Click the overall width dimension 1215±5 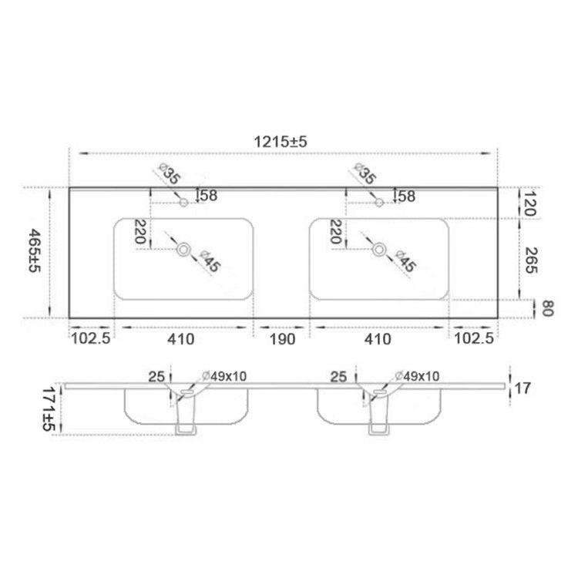(281, 142)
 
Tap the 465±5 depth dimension (34, 250)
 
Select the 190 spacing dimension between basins (282, 339)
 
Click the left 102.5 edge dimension (90, 338)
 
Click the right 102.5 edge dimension (474, 338)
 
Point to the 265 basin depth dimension (531, 260)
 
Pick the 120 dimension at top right (529, 203)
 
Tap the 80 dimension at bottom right (548, 308)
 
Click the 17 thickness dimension (522, 388)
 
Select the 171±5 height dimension (49, 408)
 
